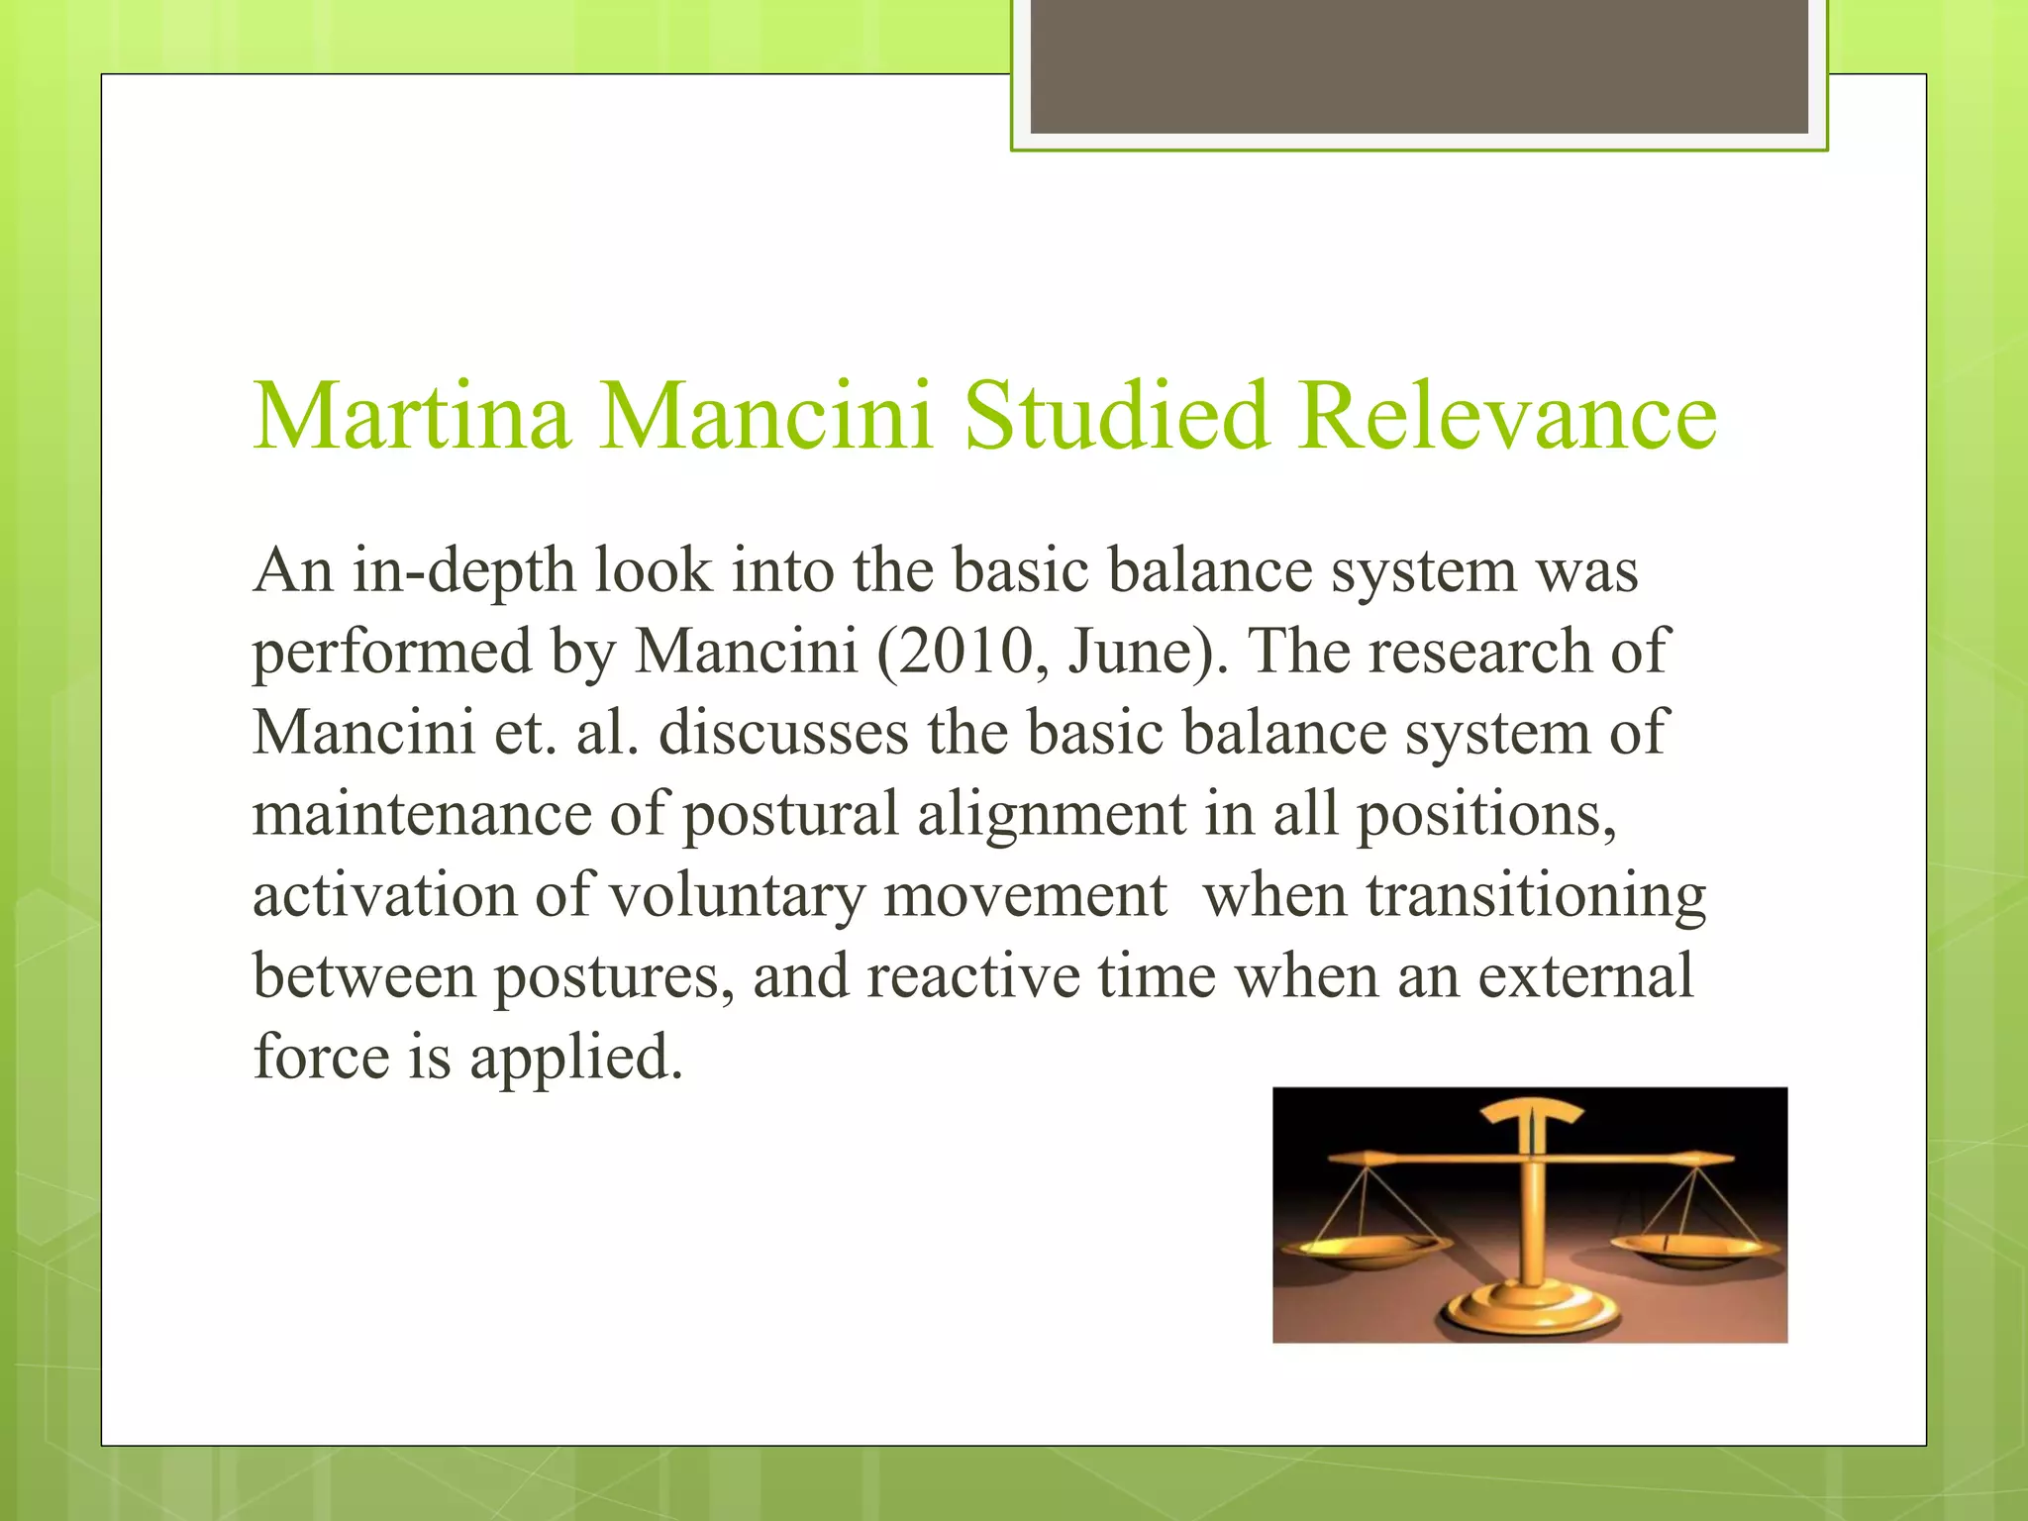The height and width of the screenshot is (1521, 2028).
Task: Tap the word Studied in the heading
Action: [x=1116, y=416]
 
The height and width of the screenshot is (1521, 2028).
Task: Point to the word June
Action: [x=1133, y=653]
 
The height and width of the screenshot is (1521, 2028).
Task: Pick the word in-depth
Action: [x=463, y=572]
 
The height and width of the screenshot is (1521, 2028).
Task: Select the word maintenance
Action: [x=422, y=815]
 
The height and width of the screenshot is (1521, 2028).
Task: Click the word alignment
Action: [x=1051, y=815]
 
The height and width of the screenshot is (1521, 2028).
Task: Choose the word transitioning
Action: [x=1536, y=896]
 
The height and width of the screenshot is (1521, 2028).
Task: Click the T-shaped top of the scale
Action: [x=1531, y=1116]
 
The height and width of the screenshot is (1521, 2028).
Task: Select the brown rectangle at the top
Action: [x=1418, y=65]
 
